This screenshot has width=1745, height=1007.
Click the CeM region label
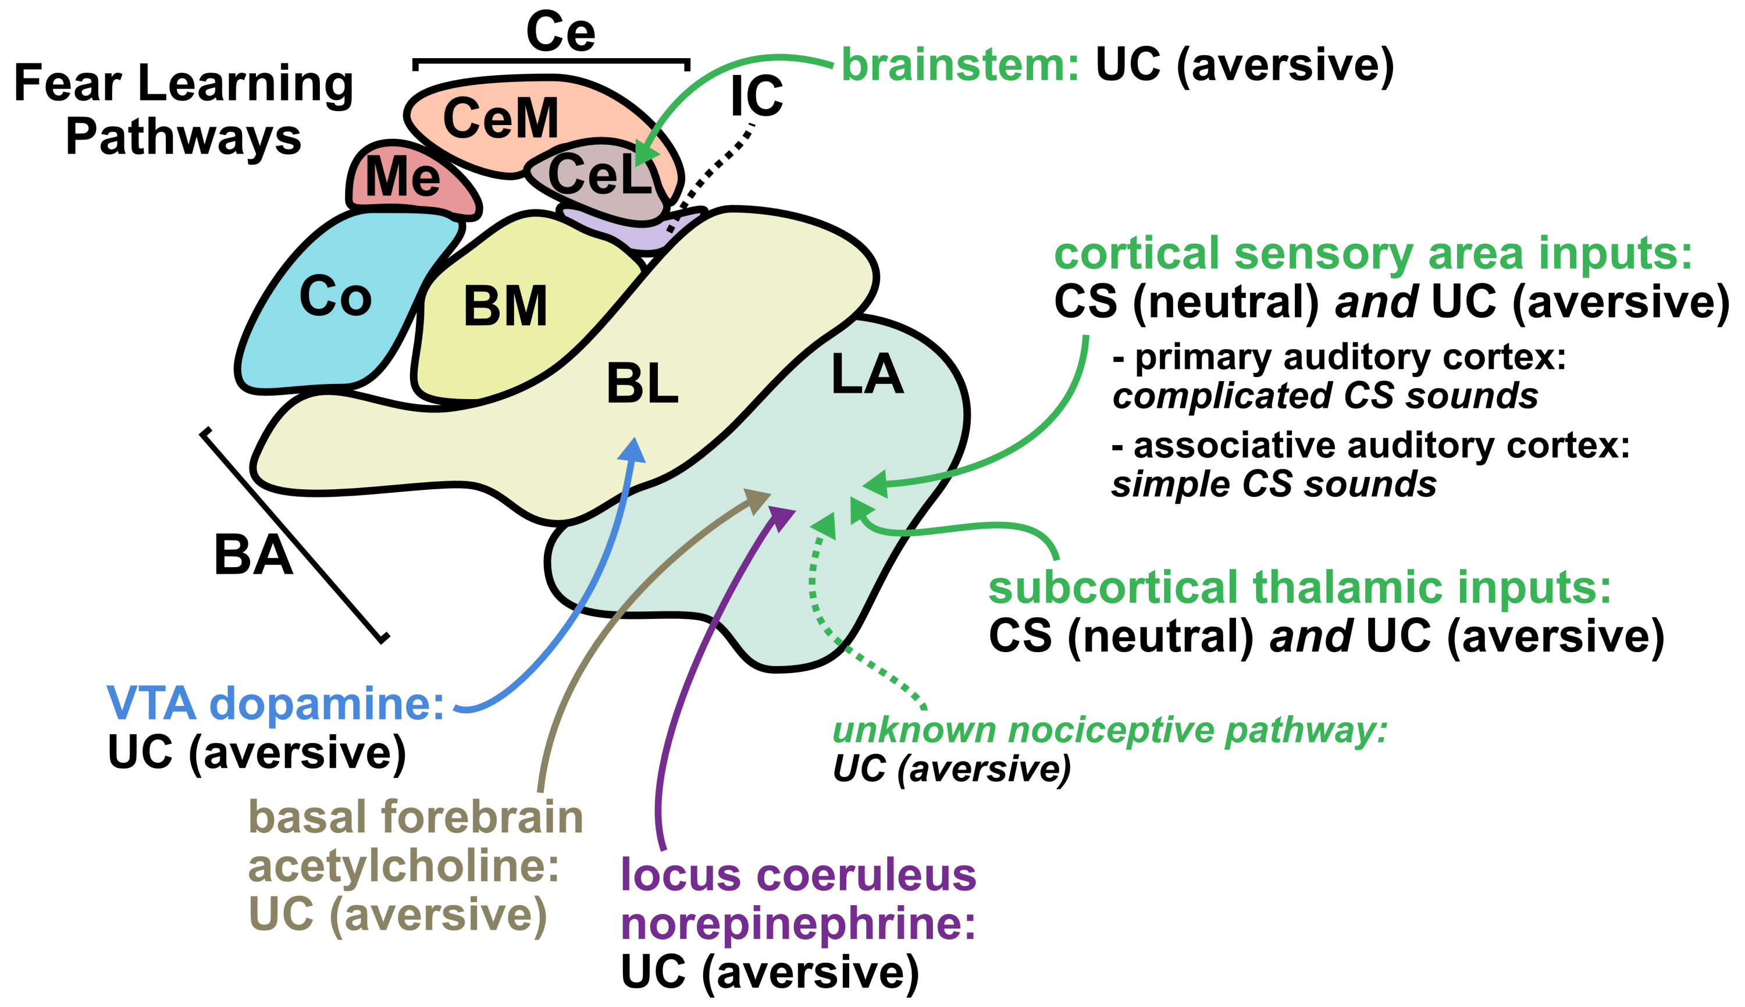pyautogui.click(x=501, y=118)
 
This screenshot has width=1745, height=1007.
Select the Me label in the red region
pyautogui.click(x=403, y=177)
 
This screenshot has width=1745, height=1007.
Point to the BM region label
pyautogui.click(x=505, y=307)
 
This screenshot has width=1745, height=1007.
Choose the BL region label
pyautogui.click(x=642, y=384)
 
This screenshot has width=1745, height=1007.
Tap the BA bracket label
pyautogui.click(x=253, y=554)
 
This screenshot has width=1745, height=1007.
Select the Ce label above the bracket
pyautogui.click(x=560, y=32)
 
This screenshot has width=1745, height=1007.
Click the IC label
pyautogui.click(x=756, y=96)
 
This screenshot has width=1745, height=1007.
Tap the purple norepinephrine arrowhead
pyautogui.click(x=784, y=518)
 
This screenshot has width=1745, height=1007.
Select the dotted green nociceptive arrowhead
pyautogui.click(x=825, y=526)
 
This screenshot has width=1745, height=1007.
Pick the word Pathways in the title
pyautogui.click(x=183, y=136)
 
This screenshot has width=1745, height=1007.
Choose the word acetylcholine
pyautogui.click(x=403, y=867)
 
